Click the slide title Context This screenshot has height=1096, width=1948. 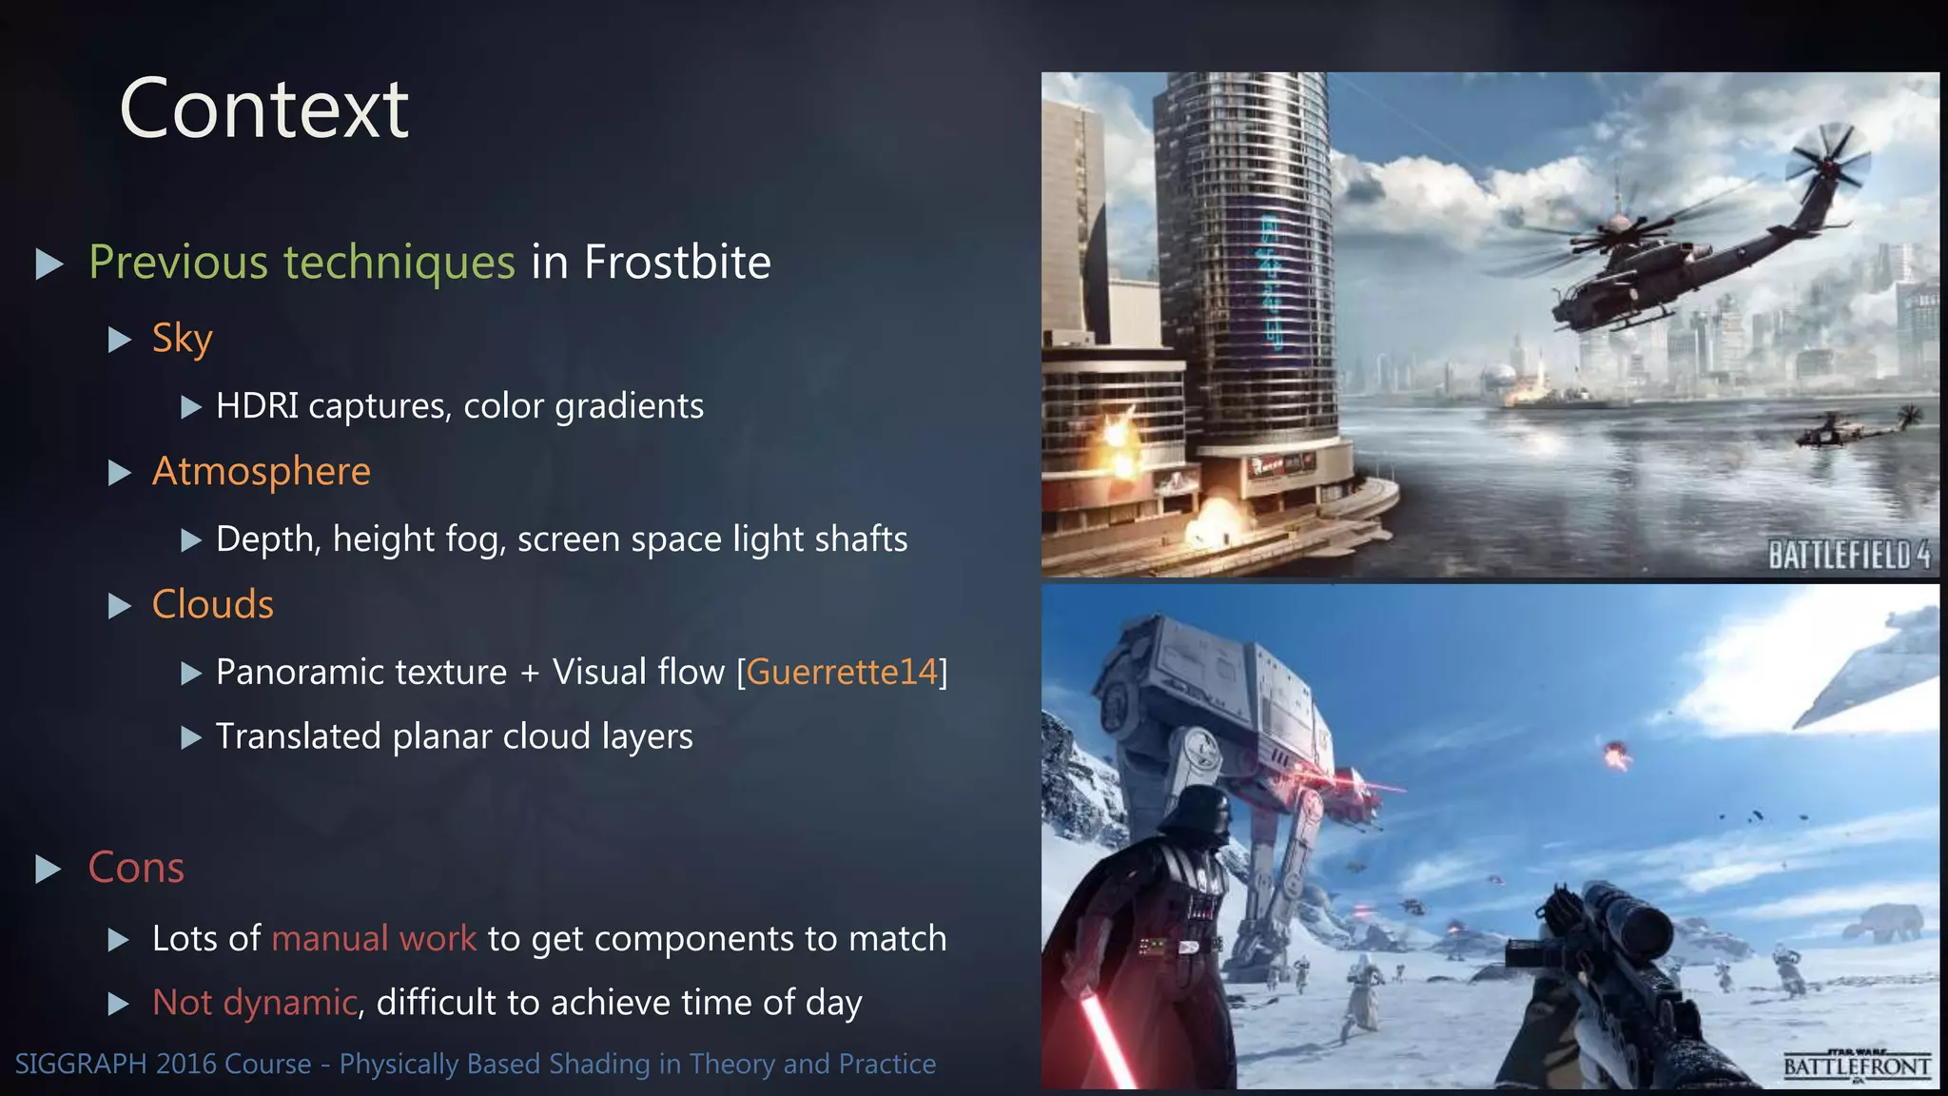click(264, 109)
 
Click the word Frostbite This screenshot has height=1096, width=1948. click(677, 262)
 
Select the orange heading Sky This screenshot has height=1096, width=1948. click(182, 339)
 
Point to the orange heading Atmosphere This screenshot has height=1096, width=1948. click(261, 472)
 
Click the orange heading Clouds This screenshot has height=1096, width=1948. click(212, 605)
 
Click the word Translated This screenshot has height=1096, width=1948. click(298, 736)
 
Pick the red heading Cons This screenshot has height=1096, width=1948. click(136, 868)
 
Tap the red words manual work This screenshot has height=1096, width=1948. click(374, 939)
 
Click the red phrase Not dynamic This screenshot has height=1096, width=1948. click(254, 1003)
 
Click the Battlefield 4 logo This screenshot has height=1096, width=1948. click(1848, 555)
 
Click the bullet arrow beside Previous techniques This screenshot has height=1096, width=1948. click(49, 264)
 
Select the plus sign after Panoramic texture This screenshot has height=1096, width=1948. click(530, 674)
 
